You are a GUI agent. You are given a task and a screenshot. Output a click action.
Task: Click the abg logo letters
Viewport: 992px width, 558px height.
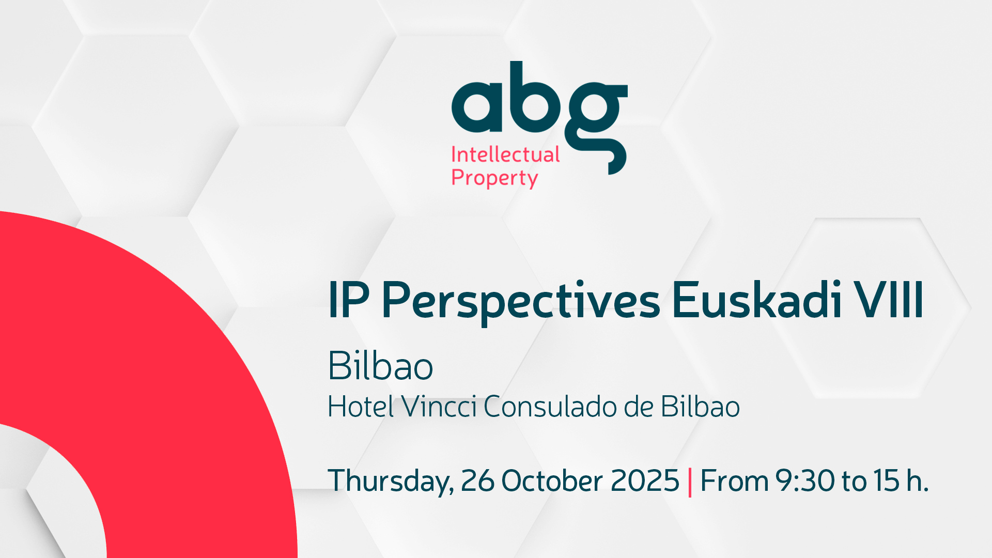539,118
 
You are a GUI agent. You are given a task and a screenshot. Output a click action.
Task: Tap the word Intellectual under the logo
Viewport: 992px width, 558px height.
505,154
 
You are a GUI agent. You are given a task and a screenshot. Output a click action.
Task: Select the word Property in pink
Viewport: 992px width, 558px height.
494,178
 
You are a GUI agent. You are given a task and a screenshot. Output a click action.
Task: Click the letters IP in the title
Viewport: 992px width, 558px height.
349,300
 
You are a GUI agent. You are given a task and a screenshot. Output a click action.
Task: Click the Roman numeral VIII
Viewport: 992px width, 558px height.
888,300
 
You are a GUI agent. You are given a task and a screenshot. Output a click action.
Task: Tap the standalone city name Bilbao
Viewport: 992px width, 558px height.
380,366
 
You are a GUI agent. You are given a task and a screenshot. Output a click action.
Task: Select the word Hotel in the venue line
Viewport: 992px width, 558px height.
361,407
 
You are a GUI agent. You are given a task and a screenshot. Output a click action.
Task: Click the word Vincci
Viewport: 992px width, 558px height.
439,407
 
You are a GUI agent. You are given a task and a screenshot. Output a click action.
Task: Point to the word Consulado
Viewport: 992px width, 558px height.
550,407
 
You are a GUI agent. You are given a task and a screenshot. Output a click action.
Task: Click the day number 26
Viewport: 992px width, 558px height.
477,481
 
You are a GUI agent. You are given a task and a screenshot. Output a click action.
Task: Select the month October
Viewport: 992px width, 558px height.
552,481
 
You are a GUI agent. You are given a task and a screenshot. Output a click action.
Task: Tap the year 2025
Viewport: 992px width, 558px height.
645,481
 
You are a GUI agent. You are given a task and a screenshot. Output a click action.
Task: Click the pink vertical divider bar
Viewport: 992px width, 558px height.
690,482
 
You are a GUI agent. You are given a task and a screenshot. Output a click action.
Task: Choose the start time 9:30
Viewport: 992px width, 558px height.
805,481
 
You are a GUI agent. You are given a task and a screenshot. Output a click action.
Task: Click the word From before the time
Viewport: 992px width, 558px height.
734,481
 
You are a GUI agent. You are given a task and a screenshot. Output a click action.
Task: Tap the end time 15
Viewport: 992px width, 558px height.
887,481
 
